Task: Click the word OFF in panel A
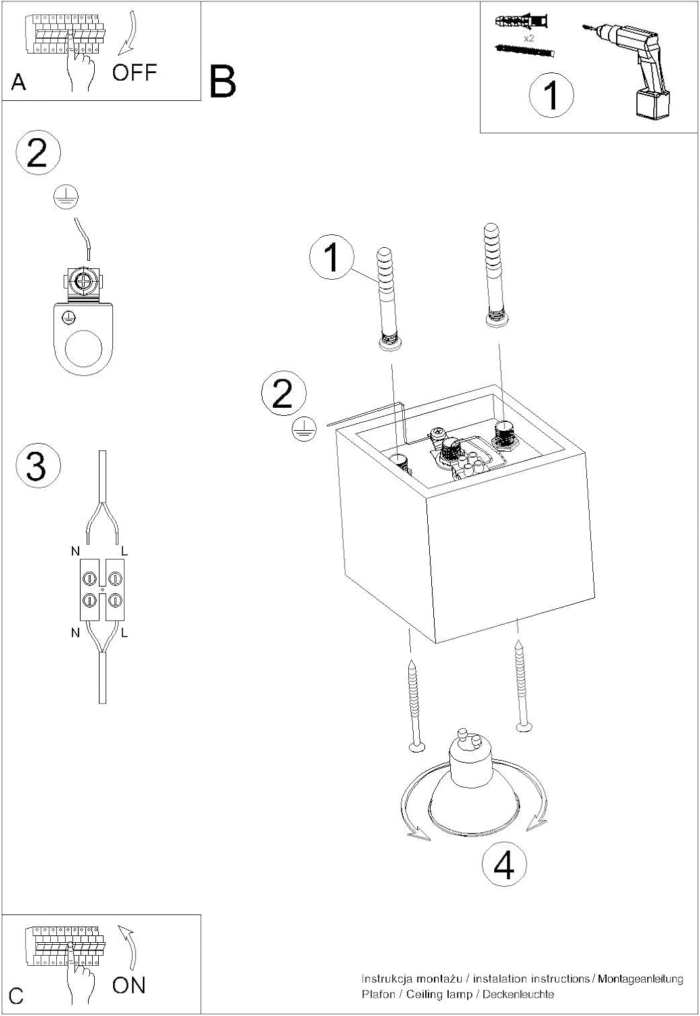(x=134, y=72)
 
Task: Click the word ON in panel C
(x=129, y=986)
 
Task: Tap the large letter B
(x=223, y=82)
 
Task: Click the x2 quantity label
(x=529, y=39)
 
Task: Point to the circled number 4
(x=504, y=866)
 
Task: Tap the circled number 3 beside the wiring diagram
(x=38, y=465)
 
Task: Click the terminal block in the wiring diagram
(x=102, y=589)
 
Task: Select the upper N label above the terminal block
(x=75, y=551)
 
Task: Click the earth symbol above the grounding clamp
(x=66, y=197)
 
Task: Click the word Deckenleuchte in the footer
(x=518, y=994)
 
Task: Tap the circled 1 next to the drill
(x=551, y=95)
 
